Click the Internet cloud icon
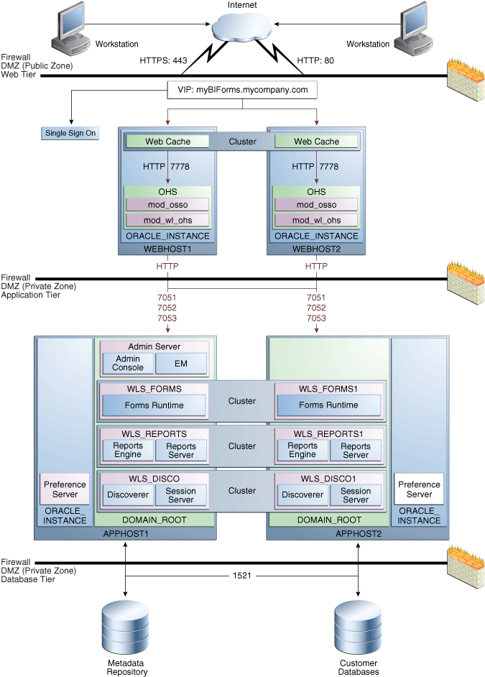pyautogui.click(x=241, y=31)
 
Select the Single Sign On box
pyautogui.click(x=70, y=133)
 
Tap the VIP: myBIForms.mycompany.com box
pyautogui.click(x=242, y=91)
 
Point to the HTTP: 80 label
pyautogui.click(x=316, y=60)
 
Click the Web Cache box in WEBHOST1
pyautogui.click(x=168, y=142)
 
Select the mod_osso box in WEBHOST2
pyautogui.click(x=316, y=206)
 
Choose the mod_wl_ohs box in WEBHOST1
pyautogui.click(x=168, y=220)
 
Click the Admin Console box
pyautogui.click(x=128, y=363)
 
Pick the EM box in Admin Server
pyautogui.click(x=180, y=364)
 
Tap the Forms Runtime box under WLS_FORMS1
pyautogui.click(x=328, y=405)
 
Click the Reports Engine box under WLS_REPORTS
pyautogui.click(x=128, y=450)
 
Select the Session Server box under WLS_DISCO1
pyautogui.click(x=356, y=495)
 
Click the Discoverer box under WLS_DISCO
pyautogui.click(x=128, y=495)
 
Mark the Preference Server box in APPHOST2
pyautogui.click(x=419, y=489)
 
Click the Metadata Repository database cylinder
pyautogui.click(x=126, y=626)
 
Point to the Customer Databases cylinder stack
pyautogui.click(x=357, y=626)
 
